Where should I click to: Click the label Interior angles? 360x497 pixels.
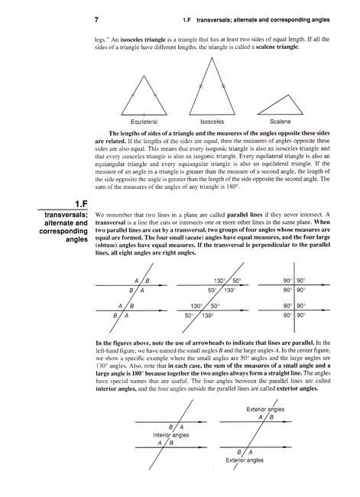click(171, 434)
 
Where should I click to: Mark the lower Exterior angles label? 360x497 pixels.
click(245, 460)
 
